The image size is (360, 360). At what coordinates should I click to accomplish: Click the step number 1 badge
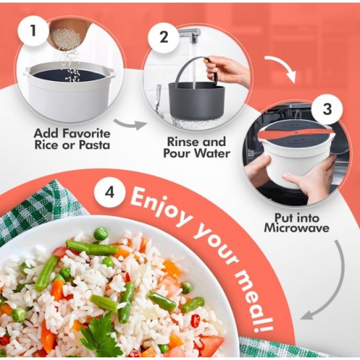[x=34, y=31]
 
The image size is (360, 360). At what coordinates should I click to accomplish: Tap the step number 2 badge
[x=164, y=37]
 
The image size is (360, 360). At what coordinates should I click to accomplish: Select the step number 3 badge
[x=327, y=109]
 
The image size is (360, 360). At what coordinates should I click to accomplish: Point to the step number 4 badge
[x=109, y=192]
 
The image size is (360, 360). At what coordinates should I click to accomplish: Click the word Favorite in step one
[x=87, y=134]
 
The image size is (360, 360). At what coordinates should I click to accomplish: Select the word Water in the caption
[x=213, y=153]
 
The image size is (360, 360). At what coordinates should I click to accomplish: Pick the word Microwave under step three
[x=297, y=228]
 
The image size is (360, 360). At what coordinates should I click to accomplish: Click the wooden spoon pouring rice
[x=67, y=33]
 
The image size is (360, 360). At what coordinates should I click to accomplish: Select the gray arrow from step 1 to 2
[x=130, y=124]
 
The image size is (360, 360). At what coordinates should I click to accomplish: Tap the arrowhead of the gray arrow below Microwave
[x=308, y=315]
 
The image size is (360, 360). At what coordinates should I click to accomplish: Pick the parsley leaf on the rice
[x=101, y=338]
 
